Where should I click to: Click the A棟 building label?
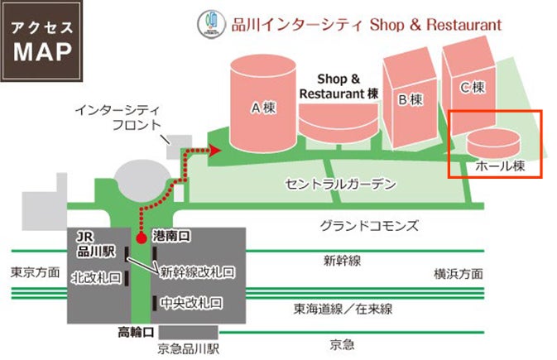[262, 107]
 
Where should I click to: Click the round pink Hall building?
[494, 141]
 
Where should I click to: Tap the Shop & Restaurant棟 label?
[339, 87]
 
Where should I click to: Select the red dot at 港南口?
[141, 238]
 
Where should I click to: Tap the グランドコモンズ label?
[370, 225]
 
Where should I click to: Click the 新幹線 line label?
[342, 261]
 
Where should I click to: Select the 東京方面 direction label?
[35, 272]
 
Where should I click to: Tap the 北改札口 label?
[96, 277]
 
